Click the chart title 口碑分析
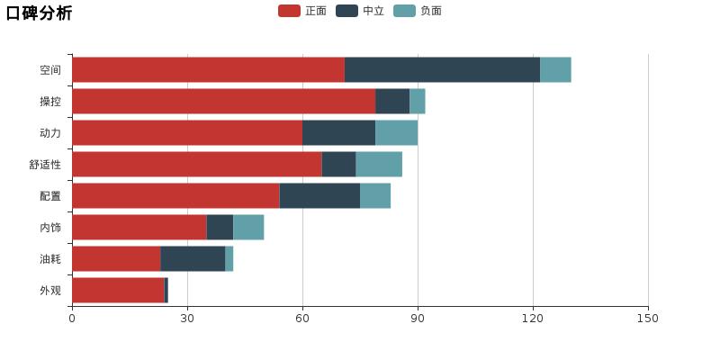click(x=40, y=13)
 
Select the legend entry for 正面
click(x=303, y=11)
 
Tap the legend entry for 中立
click(x=361, y=11)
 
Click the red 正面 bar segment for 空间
click(x=208, y=69)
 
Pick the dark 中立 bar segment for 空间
click(x=442, y=69)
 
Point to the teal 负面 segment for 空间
click(x=555, y=69)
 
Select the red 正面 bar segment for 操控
click(x=223, y=101)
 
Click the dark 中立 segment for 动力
click(x=338, y=132)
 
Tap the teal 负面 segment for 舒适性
click(x=379, y=164)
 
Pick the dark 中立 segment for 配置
click(x=319, y=195)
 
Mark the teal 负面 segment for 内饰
click(x=248, y=227)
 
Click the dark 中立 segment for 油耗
click(x=193, y=258)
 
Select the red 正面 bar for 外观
click(x=118, y=290)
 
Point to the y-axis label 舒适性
click(x=45, y=165)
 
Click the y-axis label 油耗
click(x=50, y=259)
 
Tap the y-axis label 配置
click(x=50, y=196)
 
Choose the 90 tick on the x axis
click(x=418, y=318)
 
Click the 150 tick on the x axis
click(x=648, y=318)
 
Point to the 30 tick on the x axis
click(x=187, y=318)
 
